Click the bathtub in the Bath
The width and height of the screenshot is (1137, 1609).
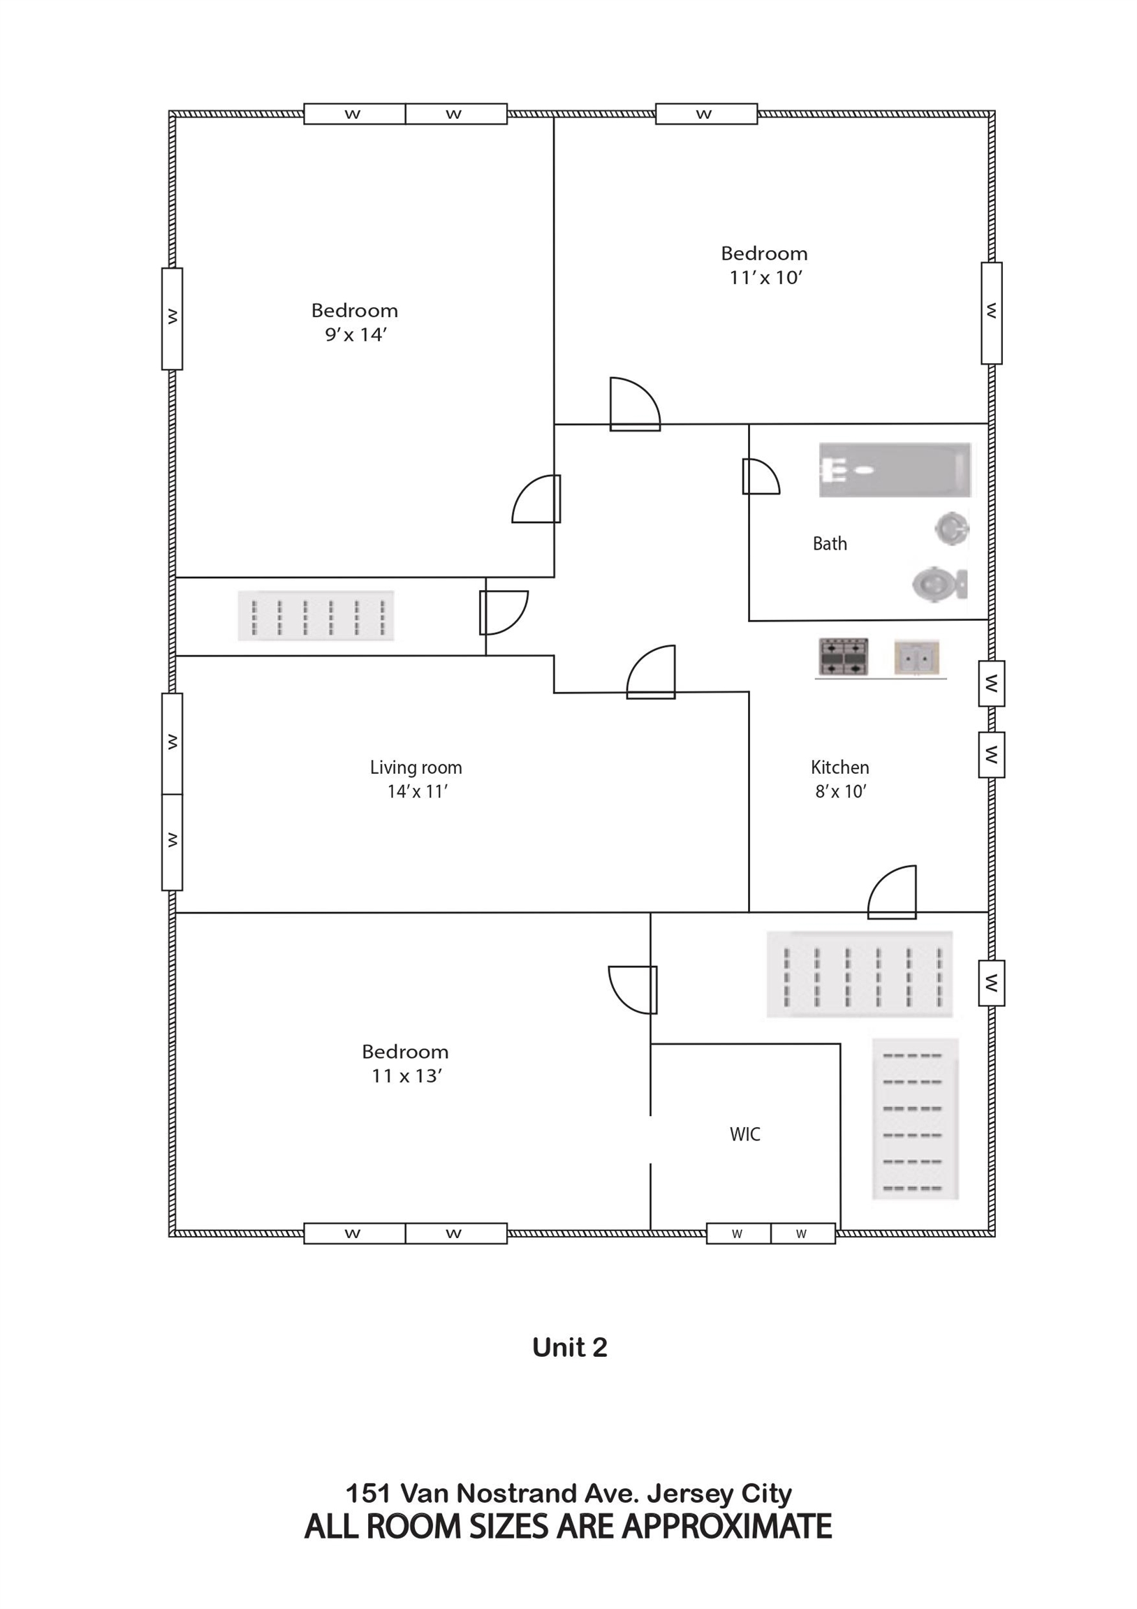click(895, 469)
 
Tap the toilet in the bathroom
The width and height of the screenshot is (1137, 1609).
click(939, 583)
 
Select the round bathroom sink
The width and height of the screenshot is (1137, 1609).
click(952, 528)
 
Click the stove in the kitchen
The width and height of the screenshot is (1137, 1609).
click(844, 656)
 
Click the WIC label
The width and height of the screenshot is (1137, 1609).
click(744, 1134)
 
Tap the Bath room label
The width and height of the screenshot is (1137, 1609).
click(829, 543)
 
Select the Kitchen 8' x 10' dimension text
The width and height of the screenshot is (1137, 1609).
click(840, 791)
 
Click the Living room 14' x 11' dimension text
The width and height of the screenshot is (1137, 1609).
click(417, 791)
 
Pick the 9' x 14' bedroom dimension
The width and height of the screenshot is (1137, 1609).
click(355, 335)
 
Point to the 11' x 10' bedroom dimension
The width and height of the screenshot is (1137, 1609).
click(765, 277)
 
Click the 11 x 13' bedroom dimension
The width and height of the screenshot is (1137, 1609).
click(406, 1075)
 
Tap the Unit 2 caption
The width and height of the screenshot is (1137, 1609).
click(569, 1348)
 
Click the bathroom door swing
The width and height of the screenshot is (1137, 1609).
click(761, 476)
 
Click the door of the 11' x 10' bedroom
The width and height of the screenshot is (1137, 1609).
click(635, 404)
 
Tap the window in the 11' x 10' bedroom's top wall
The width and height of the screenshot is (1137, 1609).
click(706, 114)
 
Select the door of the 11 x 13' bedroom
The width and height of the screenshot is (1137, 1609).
click(633, 990)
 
